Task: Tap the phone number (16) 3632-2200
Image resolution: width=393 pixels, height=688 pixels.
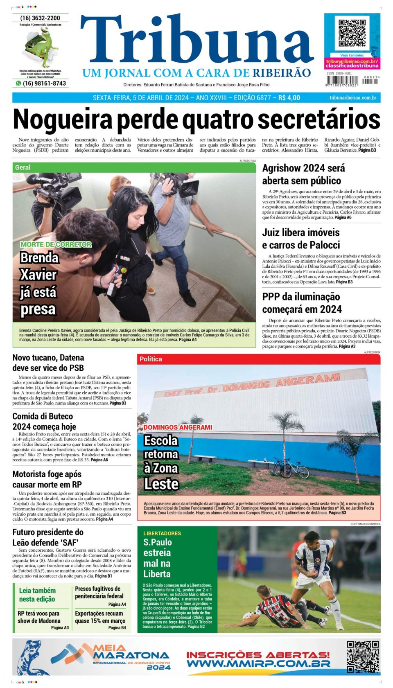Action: point(40,18)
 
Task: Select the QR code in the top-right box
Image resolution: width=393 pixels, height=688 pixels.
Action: point(352,33)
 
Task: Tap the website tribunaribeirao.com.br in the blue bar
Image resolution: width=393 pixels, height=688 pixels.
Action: point(352,98)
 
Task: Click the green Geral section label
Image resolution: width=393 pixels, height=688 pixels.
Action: point(23,167)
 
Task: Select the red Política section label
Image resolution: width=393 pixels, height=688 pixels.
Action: point(151,359)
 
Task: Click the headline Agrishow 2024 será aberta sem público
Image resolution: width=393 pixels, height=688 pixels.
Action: point(303,174)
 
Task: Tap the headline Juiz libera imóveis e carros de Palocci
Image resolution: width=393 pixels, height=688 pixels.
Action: point(301,239)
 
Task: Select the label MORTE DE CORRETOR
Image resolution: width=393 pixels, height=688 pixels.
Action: point(56,244)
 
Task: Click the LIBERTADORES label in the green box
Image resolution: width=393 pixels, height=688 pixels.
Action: point(162,533)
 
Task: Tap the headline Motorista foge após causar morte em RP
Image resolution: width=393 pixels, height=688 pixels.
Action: point(47,479)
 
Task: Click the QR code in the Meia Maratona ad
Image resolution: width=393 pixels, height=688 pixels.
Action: point(363,656)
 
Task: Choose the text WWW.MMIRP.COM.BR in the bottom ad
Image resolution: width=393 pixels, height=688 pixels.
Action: point(258,663)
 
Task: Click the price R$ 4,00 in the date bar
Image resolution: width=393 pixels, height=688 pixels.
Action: point(289,98)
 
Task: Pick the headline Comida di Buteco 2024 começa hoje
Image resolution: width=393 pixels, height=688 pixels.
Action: point(44,421)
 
